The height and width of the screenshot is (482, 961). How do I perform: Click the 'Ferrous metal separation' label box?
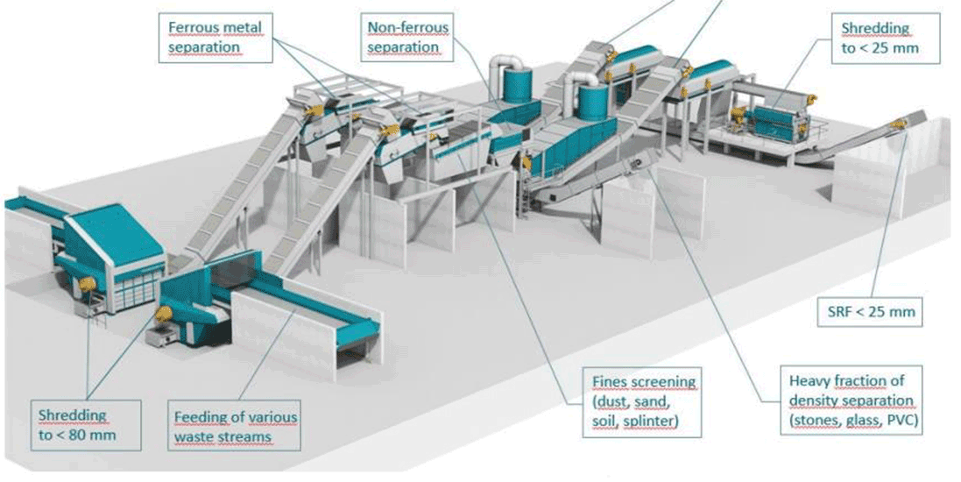click(216, 38)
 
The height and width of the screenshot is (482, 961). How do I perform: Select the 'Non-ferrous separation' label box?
click(407, 38)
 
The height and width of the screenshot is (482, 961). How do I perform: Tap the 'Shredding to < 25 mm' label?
click(885, 38)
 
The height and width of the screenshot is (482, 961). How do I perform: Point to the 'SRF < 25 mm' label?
click(870, 311)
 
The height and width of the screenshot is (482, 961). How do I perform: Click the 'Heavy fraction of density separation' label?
click(851, 400)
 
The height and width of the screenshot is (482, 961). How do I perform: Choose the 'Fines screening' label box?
click(641, 402)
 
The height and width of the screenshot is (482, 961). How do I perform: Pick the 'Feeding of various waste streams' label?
click(236, 427)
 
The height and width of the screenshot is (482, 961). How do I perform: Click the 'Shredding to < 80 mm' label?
click(86, 426)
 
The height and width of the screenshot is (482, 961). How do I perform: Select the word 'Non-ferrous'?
click(407, 28)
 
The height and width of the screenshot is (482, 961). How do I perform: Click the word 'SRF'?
click(838, 311)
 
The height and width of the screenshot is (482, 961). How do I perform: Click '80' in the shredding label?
click(73, 436)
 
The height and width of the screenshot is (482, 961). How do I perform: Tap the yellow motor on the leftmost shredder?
click(87, 284)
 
